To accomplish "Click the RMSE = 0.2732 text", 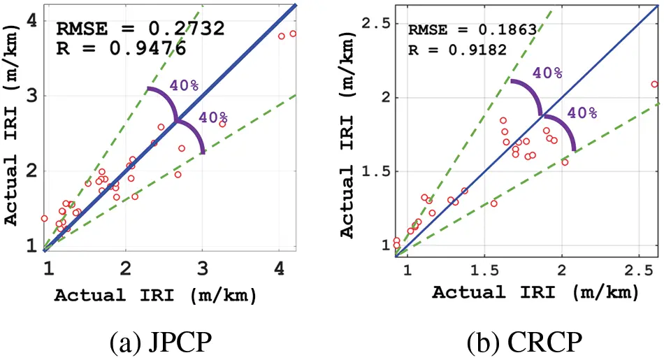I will tap(139, 29).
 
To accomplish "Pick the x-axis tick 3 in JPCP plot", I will tap(203, 268).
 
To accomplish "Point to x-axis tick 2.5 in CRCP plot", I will tap(639, 270).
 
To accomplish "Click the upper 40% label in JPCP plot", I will tap(184, 85).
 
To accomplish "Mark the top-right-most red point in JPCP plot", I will tap(293, 34).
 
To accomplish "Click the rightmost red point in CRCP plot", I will tap(654, 84).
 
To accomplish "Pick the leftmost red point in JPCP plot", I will tap(44, 218).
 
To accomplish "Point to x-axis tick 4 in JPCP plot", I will tap(280, 268).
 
